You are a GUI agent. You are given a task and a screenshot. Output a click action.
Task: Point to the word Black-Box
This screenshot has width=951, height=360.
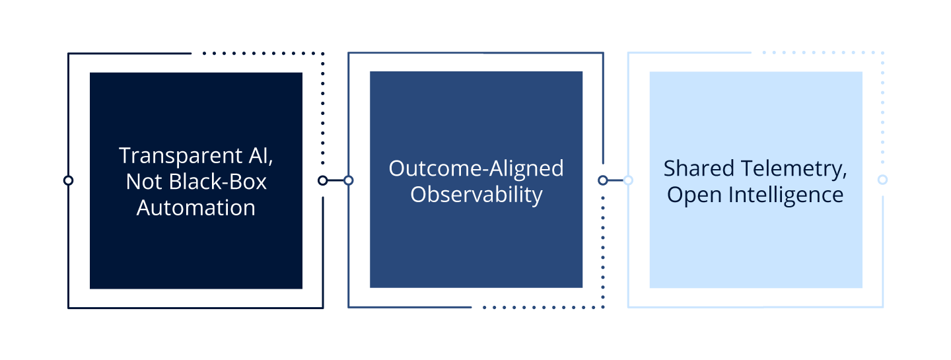(x=217, y=182)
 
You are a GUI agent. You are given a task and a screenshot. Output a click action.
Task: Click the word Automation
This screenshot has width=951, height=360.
(x=196, y=207)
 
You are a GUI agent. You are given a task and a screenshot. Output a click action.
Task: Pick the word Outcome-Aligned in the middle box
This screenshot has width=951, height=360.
(x=476, y=168)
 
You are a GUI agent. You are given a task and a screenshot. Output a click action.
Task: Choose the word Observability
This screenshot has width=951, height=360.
(x=476, y=194)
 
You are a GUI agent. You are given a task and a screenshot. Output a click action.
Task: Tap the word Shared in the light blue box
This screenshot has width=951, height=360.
(x=697, y=168)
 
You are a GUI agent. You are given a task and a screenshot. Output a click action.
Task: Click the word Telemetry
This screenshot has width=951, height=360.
(x=792, y=169)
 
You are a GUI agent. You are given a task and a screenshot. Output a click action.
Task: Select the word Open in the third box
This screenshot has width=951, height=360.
(x=689, y=195)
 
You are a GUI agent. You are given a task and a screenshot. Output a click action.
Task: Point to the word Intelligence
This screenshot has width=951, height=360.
(x=781, y=195)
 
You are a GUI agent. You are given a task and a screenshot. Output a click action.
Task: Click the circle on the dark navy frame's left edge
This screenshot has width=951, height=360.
(x=68, y=180)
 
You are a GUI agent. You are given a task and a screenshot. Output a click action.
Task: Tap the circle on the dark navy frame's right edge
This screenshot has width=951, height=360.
(x=323, y=180)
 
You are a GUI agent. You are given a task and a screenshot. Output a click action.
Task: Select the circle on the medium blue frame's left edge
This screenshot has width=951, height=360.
(x=349, y=180)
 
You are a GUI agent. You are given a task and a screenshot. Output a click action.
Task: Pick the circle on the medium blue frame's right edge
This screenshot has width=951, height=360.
(x=603, y=180)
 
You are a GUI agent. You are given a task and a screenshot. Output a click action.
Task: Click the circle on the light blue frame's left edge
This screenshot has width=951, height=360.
(x=628, y=180)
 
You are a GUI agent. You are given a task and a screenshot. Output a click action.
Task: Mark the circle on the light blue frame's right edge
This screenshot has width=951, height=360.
(x=882, y=180)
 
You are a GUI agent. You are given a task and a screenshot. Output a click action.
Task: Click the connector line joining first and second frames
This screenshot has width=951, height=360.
(x=335, y=180)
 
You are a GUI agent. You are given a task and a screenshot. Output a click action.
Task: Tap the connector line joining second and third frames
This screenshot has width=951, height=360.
(x=616, y=180)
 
